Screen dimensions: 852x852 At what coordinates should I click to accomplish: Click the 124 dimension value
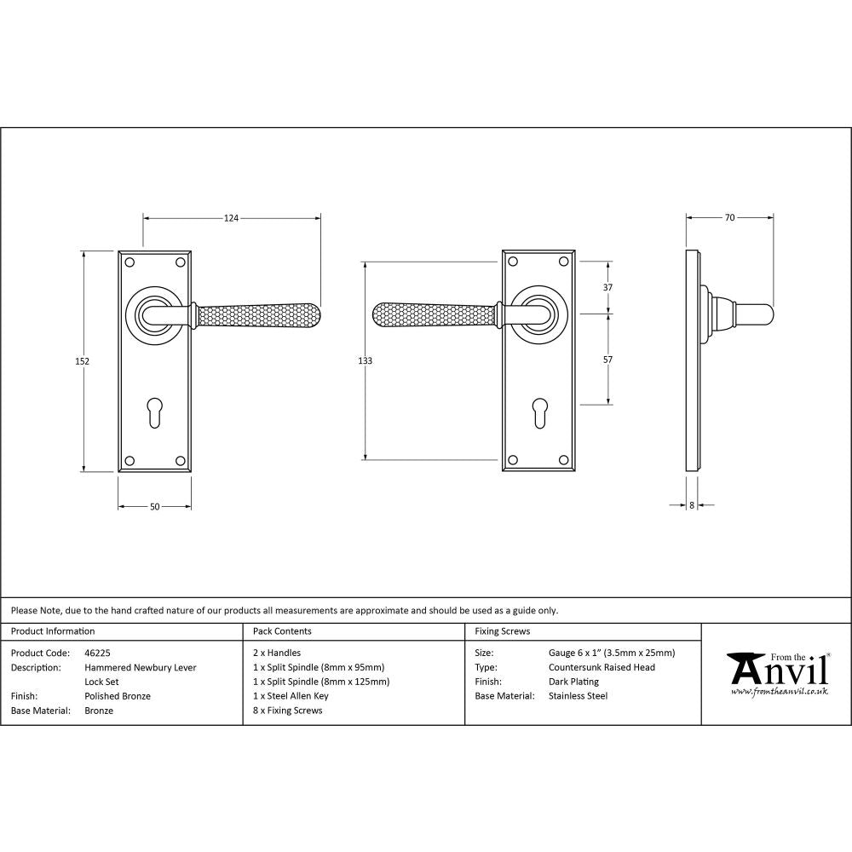(231, 218)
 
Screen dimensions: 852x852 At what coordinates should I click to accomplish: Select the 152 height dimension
(83, 361)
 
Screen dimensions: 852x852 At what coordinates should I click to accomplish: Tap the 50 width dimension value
(154, 507)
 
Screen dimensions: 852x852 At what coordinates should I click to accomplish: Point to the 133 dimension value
(365, 361)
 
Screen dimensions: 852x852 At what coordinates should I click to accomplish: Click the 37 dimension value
(607, 288)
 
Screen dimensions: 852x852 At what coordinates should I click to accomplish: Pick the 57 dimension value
(607, 360)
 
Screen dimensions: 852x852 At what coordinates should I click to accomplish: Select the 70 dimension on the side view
(729, 218)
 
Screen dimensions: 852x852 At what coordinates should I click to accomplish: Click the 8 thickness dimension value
(692, 505)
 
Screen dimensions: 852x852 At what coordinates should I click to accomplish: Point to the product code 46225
(97, 653)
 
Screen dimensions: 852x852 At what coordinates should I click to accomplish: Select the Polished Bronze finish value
(118, 696)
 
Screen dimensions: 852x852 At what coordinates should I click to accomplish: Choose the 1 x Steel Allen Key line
(291, 696)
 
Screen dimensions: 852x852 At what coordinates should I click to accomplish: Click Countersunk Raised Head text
(602, 668)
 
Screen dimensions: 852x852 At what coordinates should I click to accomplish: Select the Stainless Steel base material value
(578, 696)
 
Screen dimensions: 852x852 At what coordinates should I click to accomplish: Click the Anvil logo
(777, 673)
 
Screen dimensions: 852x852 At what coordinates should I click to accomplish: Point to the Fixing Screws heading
(502, 631)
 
